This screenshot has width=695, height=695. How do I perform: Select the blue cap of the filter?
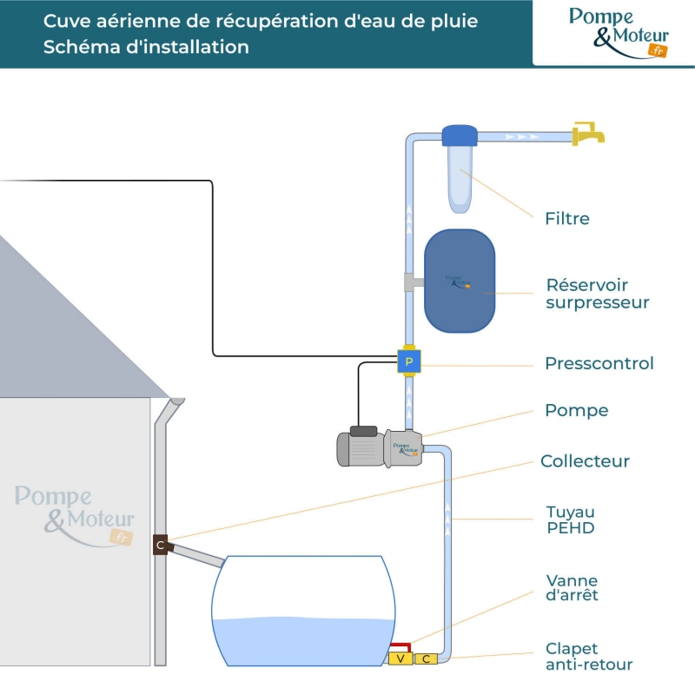click(x=459, y=136)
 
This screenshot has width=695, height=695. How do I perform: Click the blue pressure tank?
click(x=460, y=281)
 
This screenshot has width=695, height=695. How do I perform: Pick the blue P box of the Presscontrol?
click(x=409, y=361)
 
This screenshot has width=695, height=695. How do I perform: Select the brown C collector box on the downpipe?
click(x=160, y=546)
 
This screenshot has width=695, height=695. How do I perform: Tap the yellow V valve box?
click(x=400, y=659)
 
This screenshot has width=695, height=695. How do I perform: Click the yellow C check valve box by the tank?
click(x=427, y=659)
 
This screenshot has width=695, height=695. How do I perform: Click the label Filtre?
click(x=566, y=219)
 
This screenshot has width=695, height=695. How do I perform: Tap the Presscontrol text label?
click(x=599, y=363)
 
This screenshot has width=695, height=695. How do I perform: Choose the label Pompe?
click(x=576, y=410)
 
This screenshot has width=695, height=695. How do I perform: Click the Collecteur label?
click(x=585, y=461)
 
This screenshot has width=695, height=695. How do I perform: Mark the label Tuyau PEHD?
click(x=570, y=520)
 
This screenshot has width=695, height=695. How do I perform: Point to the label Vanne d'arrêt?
click(x=572, y=588)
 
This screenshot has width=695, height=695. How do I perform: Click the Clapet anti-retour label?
click(x=588, y=657)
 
